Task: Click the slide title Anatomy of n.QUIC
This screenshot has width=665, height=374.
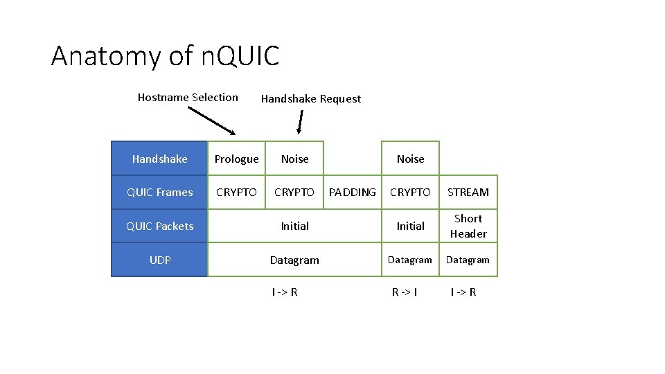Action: coord(165,56)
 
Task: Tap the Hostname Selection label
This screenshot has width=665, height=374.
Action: coord(188,98)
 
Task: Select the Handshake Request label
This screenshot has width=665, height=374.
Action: coord(310,99)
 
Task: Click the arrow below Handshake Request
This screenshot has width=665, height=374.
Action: coord(299,123)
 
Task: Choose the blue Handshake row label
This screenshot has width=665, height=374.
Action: coord(159,159)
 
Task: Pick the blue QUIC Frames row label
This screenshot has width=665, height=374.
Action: coord(159,193)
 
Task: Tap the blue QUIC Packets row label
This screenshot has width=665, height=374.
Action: coord(159,226)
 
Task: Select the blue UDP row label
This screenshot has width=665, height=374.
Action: coord(159,260)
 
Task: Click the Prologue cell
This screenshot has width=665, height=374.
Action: coord(236,159)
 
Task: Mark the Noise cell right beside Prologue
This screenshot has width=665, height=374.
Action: coord(294,159)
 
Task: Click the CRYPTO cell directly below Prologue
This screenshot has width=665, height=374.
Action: coord(236,193)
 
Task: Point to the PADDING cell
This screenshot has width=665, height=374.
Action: coord(352,193)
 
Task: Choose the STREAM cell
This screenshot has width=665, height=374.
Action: coord(468,193)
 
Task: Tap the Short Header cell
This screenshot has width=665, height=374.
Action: coord(468,226)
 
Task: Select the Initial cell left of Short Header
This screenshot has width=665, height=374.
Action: coord(410,226)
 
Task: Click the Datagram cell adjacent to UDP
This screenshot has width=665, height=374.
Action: coord(294,260)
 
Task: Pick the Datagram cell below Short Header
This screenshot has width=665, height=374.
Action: coord(468,260)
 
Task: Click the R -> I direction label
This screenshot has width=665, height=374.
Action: coord(405,292)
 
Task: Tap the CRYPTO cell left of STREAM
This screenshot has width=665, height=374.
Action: coord(410,193)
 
